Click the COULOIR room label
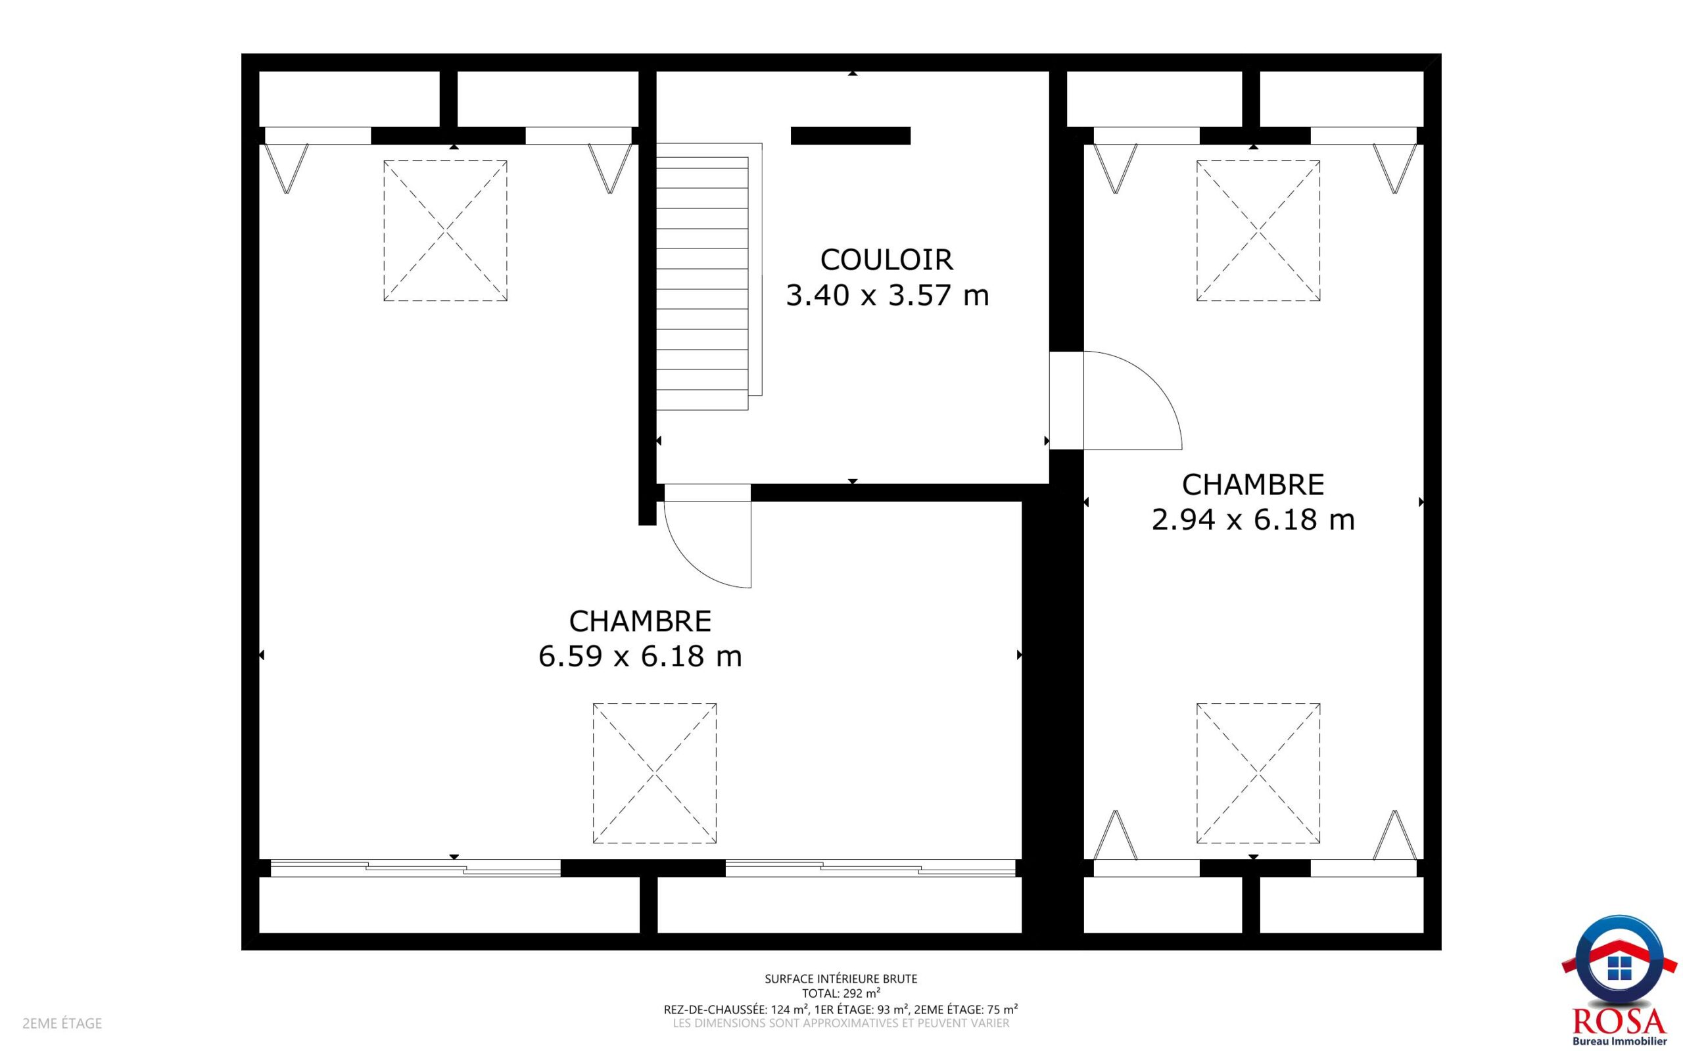click(886, 260)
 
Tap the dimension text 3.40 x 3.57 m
click(887, 295)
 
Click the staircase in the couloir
click(709, 277)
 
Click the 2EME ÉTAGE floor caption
click(62, 1023)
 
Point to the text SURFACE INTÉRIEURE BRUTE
click(841, 979)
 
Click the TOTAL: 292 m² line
click(841, 993)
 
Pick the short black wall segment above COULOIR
click(850, 135)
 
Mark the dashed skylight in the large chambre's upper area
click(445, 231)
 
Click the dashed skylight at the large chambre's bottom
click(654, 774)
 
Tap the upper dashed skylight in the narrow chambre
click(1258, 231)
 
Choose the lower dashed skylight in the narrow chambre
click(1258, 774)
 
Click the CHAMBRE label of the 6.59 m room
click(640, 621)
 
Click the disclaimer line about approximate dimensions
click(841, 1023)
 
